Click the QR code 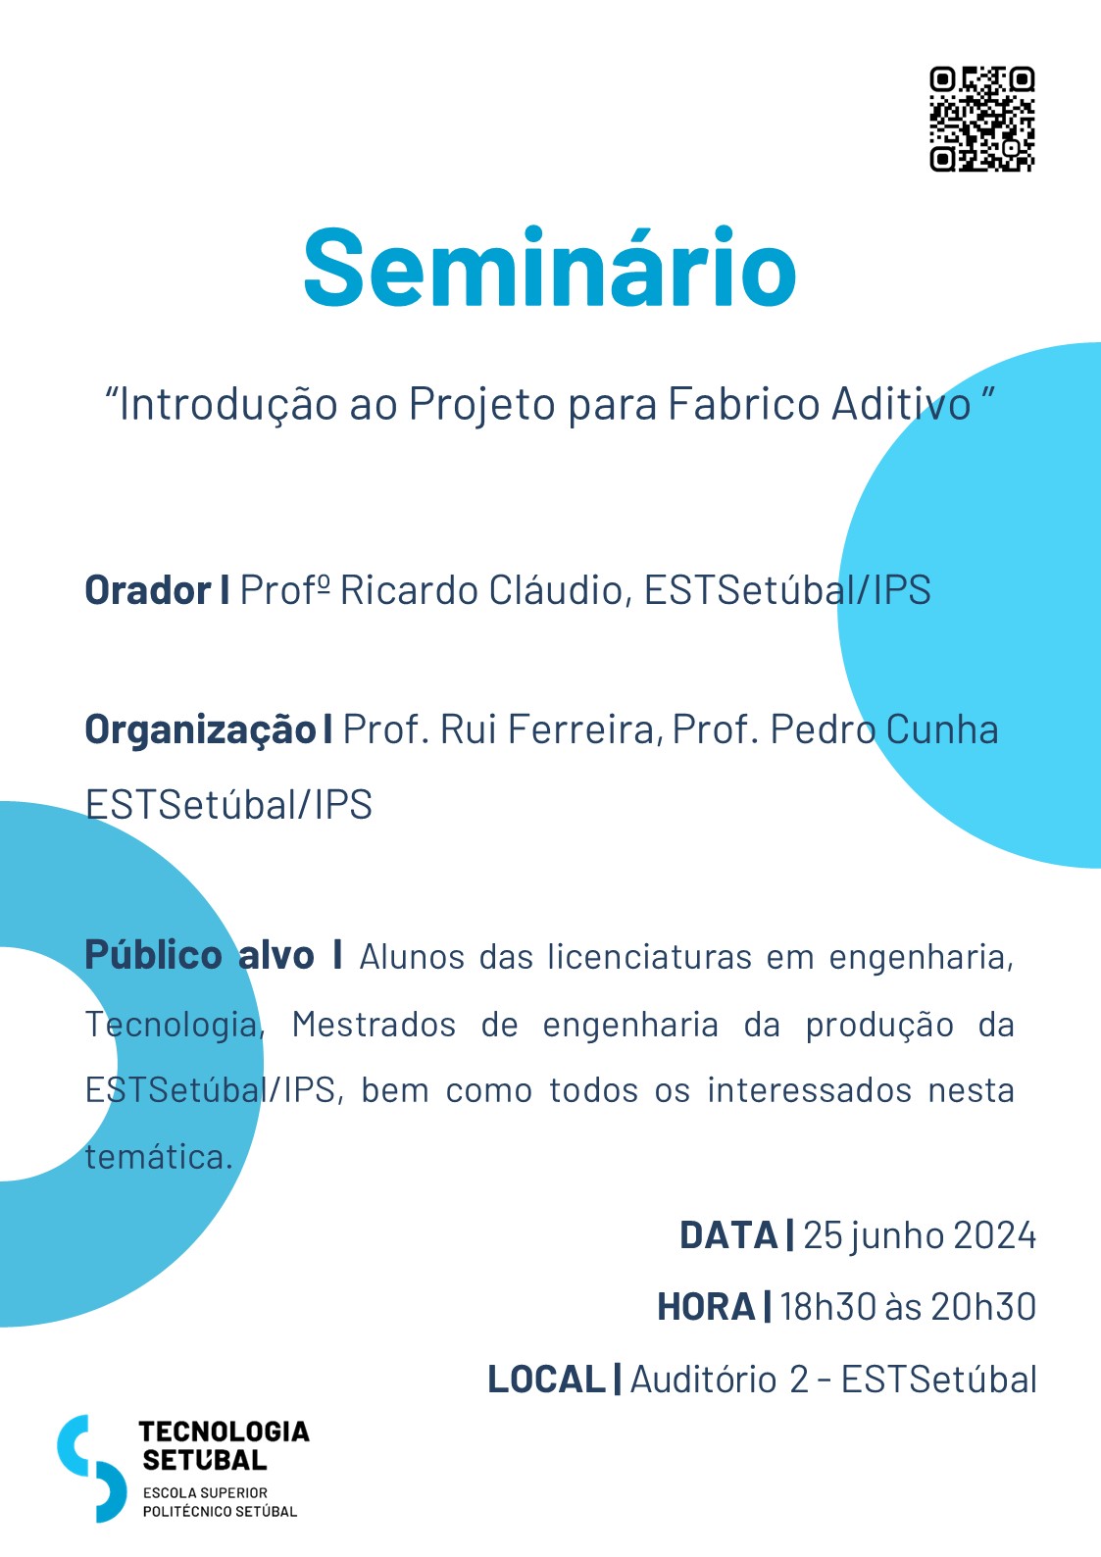click(x=982, y=119)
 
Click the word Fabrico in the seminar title click(x=744, y=403)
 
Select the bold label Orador click(x=147, y=590)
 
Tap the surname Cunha click(x=942, y=729)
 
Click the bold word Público click(x=153, y=956)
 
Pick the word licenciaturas click(x=650, y=956)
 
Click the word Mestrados click(x=374, y=1025)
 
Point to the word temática click(x=159, y=1157)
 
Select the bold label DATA click(x=728, y=1235)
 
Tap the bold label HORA click(x=706, y=1306)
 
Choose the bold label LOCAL click(x=546, y=1380)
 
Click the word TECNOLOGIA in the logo click(x=224, y=1431)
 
